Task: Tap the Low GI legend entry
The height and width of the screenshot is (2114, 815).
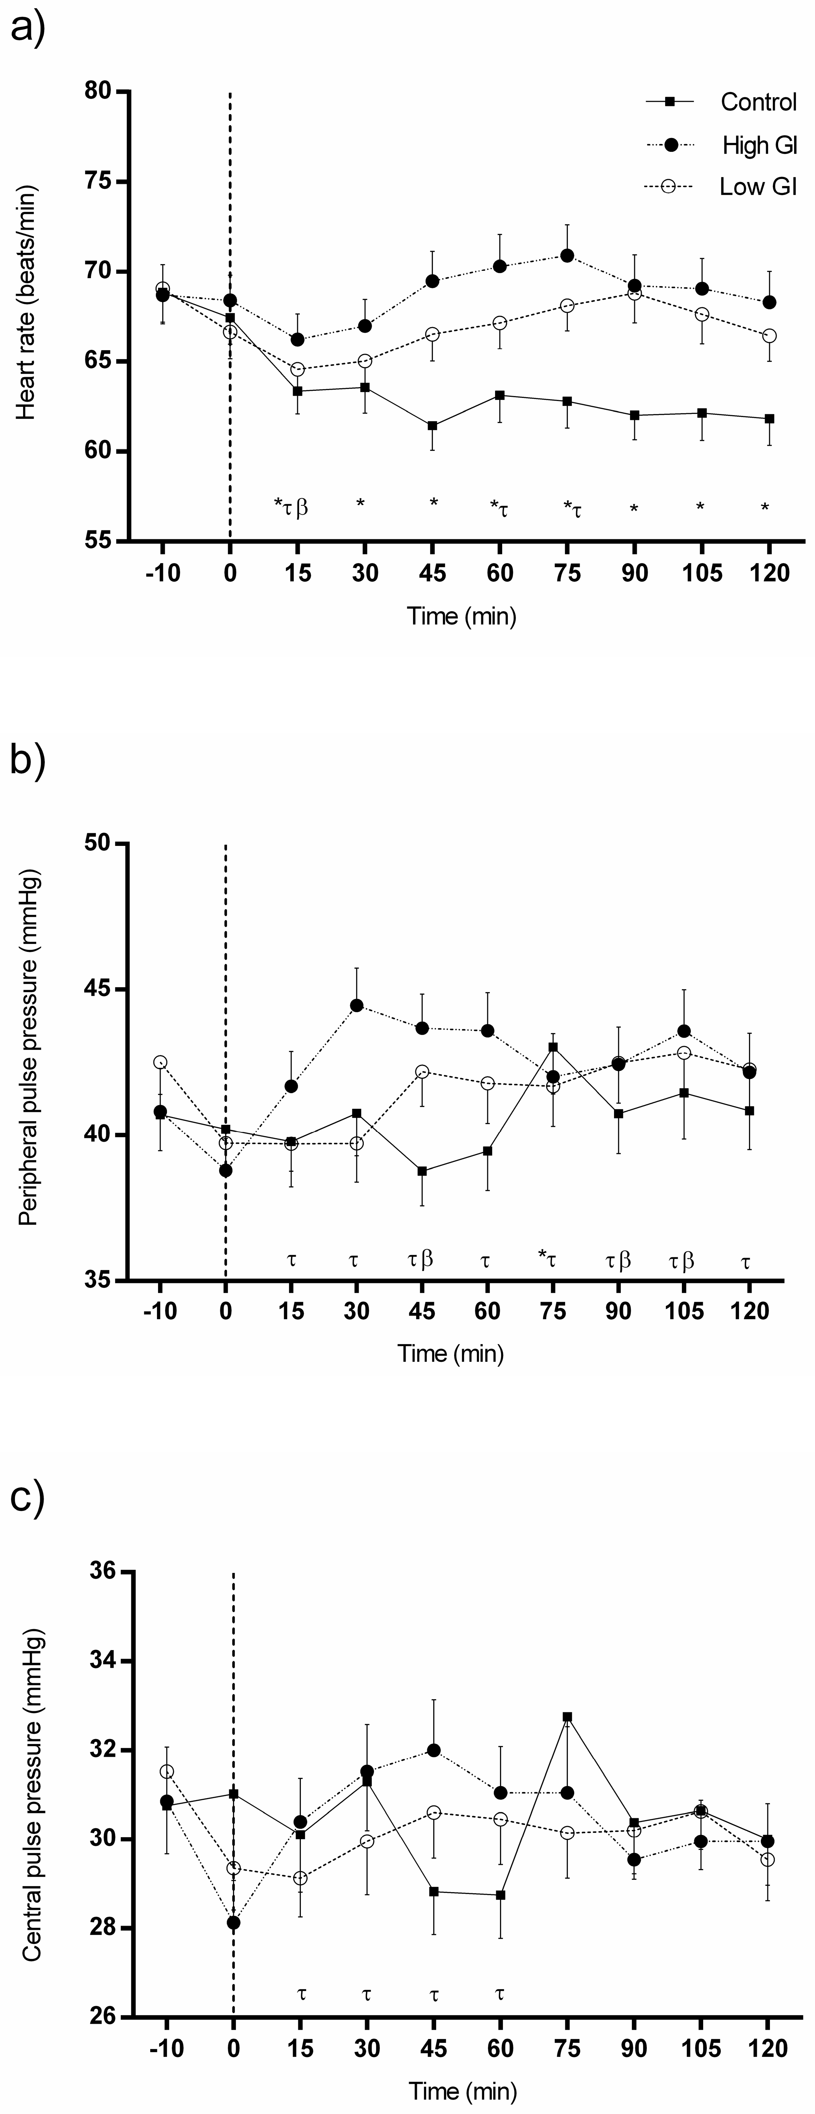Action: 758,187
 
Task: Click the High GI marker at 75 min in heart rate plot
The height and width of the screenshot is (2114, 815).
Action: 566,255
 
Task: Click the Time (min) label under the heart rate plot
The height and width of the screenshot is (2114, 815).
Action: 461,616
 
